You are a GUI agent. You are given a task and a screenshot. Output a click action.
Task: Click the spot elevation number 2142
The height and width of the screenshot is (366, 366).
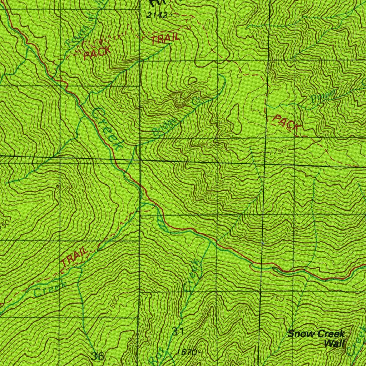point(157,15)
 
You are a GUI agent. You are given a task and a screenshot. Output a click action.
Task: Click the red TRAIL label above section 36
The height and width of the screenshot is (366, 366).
point(74,257)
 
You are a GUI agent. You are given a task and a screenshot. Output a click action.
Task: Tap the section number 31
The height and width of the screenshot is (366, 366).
point(178,331)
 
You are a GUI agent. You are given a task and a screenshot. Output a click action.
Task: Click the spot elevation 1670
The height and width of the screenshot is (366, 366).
point(187,352)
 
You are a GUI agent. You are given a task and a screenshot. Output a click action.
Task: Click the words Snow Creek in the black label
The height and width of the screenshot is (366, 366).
point(316,334)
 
